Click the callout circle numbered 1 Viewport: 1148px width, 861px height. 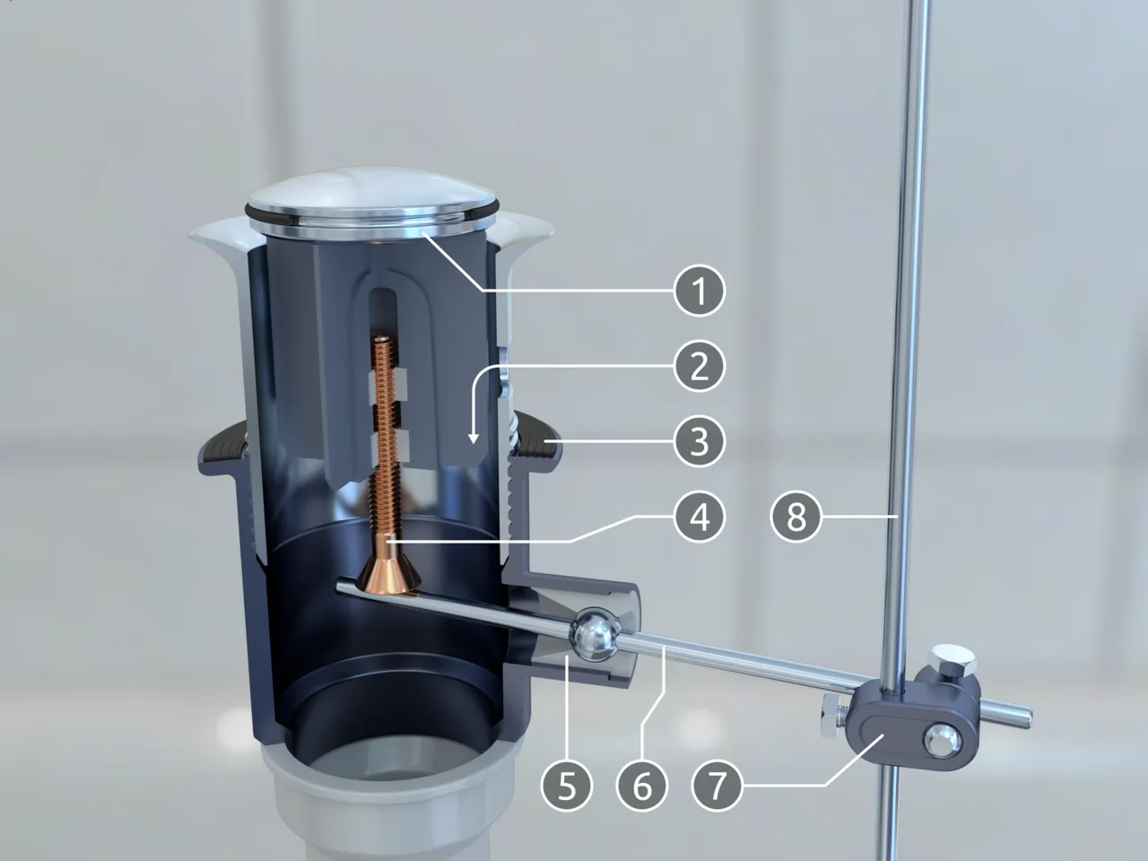click(x=700, y=290)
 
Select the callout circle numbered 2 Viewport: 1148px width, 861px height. click(x=700, y=366)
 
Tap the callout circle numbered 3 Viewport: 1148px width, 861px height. click(x=700, y=441)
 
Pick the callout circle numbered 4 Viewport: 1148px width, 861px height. click(x=700, y=517)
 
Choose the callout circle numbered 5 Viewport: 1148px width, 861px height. click(x=567, y=786)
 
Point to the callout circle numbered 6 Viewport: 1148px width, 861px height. click(x=642, y=786)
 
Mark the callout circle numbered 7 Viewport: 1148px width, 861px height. click(x=717, y=786)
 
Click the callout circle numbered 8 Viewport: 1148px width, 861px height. click(x=796, y=517)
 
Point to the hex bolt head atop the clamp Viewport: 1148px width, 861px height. click(x=952, y=657)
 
